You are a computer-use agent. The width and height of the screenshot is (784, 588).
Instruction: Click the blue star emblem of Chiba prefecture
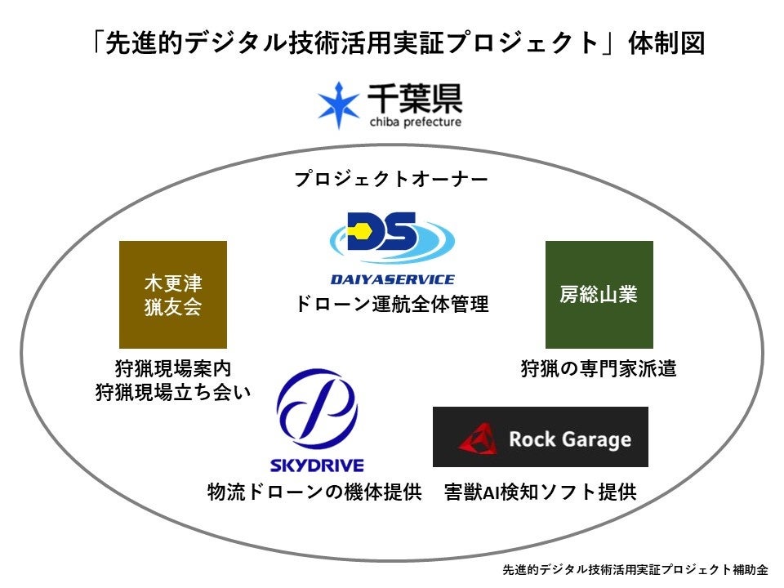click(x=339, y=105)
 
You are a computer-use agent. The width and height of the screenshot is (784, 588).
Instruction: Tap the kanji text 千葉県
click(x=414, y=99)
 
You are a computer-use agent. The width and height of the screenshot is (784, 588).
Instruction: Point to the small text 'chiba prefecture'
click(x=414, y=122)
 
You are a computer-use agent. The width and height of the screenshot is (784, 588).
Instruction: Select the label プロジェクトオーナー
click(x=392, y=179)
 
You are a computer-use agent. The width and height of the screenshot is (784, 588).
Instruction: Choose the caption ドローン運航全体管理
click(x=392, y=305)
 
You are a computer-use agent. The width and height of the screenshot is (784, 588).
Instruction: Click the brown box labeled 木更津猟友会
click(x=173, y=295)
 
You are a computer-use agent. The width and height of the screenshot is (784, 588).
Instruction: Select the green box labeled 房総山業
click(x=599, y=295)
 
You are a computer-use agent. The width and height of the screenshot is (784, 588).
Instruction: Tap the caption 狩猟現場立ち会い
click(x=172, y=393)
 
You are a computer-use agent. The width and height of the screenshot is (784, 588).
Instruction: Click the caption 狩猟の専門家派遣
click(x=599, y=368)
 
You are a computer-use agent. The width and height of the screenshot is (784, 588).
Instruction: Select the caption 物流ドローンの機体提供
click(x=314, y=492)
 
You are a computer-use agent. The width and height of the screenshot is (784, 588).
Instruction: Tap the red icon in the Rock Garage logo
click(x=479, y=439)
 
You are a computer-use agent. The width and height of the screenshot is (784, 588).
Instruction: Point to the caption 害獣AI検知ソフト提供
click(x=540, y=492)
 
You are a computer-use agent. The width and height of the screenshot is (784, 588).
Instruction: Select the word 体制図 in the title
click(x=666, y=43)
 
